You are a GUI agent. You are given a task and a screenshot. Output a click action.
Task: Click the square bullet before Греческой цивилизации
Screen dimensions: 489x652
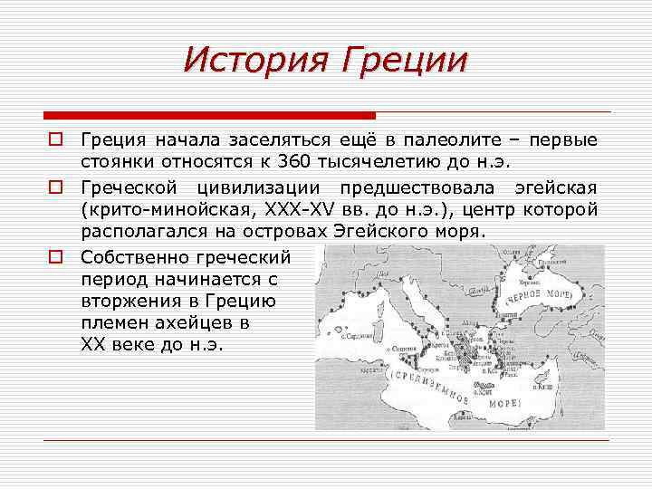coord(56,187)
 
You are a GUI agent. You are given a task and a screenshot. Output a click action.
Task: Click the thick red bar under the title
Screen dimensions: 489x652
coord(208,116)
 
